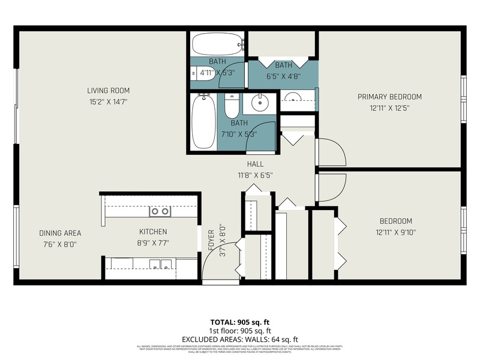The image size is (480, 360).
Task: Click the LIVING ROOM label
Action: point(108,91)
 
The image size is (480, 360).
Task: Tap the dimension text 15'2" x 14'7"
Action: point(108,102)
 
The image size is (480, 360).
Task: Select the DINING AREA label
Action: point(60,233)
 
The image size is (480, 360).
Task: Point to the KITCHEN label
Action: point(153,232)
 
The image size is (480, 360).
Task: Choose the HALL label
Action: point(255,164)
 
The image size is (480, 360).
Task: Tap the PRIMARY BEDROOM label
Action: point(389,97)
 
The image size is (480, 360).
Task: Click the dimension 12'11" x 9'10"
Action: point(395,232)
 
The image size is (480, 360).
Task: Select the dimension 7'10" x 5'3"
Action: point(239,134)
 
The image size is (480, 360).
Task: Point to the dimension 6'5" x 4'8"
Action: point(283,76)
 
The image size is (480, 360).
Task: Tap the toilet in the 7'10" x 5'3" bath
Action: point(231,106)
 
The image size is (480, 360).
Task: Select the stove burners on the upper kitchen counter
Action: point(160,211)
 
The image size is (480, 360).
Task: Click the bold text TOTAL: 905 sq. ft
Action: point(240,322)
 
